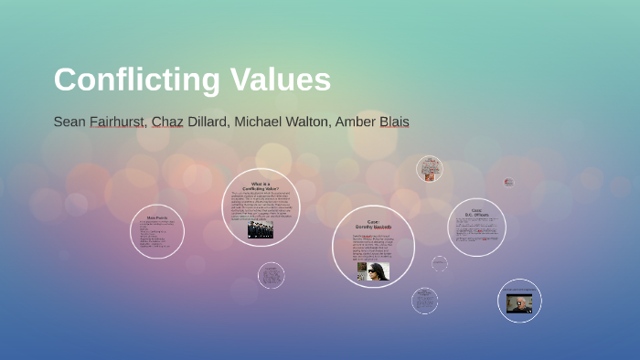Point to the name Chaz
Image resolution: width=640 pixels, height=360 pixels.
167,122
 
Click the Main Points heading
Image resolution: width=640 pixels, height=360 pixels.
156,217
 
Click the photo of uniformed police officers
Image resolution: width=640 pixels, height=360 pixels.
261,229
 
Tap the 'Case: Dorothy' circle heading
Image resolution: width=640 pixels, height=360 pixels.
373,225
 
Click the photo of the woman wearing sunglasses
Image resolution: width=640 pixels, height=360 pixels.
372,270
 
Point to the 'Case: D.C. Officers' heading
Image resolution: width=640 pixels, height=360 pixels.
476,214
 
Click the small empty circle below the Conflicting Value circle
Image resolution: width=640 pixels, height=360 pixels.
271,275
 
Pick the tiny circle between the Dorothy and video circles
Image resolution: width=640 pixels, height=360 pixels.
440,264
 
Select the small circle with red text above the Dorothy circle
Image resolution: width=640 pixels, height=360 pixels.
430,169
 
